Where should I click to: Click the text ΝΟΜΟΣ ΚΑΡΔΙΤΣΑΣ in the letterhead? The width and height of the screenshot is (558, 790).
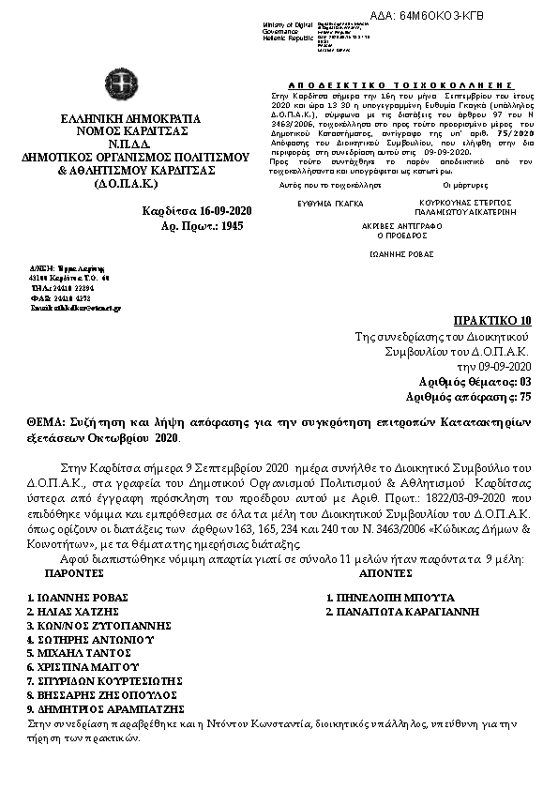[117, 131]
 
